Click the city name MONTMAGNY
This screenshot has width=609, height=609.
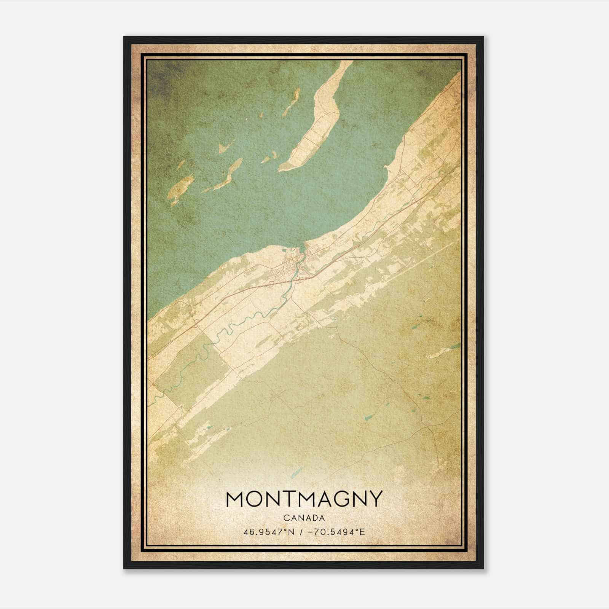click(x=304, y=499)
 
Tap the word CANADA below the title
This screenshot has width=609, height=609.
click(x=304, y=518)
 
